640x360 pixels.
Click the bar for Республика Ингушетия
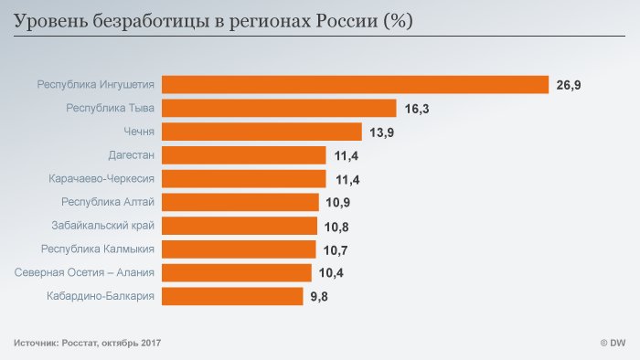point(355,85)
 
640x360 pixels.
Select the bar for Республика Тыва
point(279,109)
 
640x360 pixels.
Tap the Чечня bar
point(262,132)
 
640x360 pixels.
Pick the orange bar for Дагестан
point(244,155)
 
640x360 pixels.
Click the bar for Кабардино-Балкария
point(232,296)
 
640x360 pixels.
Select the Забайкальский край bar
point(240,226)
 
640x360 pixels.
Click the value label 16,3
point(417,109)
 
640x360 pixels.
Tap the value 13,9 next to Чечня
point(382,132)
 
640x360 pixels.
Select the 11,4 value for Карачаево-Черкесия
point(347,179)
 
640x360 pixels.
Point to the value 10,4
point(332,272)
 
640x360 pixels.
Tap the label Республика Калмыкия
point(98,249)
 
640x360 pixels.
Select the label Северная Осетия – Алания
point(85,272)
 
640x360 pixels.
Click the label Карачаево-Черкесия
point(101,178)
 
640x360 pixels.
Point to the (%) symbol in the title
point(398,19)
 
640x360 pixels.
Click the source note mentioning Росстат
point(87,343)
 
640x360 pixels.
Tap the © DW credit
point(612,343)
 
